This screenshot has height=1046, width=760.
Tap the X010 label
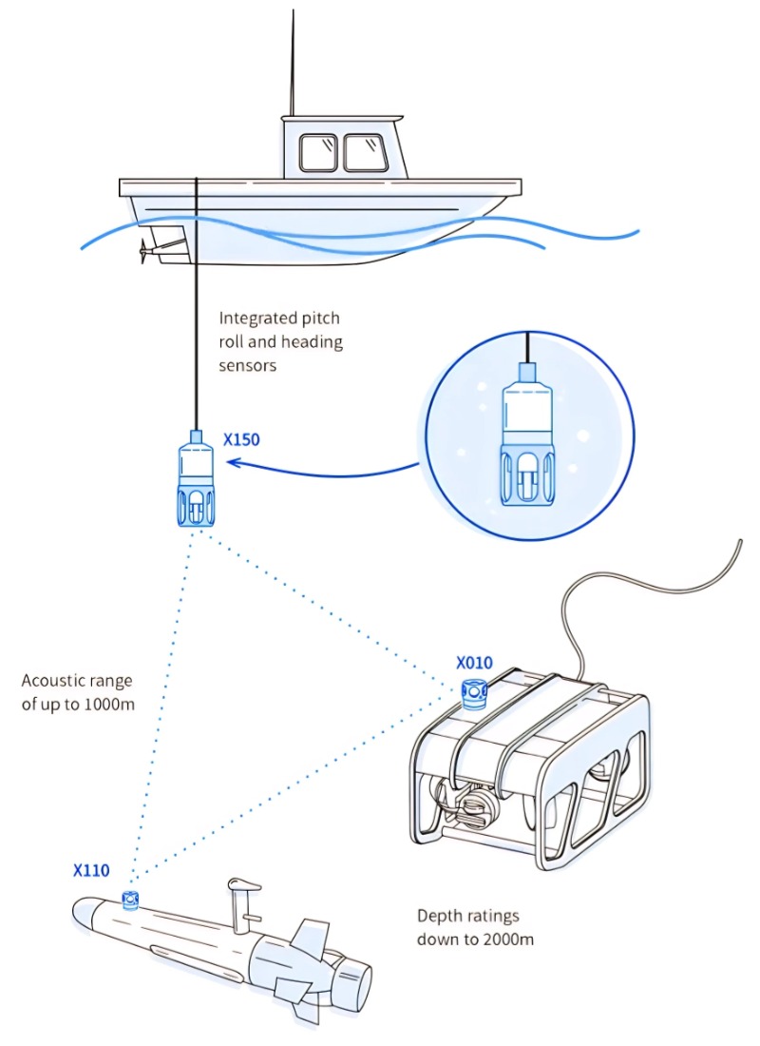click(x=474, y=663)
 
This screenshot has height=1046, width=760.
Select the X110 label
click(x=91, y=869)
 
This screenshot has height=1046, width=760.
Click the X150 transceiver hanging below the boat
click(x=196, y=480)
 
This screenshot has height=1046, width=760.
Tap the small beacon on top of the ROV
click(x=472, y=694)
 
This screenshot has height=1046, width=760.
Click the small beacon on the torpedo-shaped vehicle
click(x=130, y=899)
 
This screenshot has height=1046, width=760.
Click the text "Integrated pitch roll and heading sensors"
click(x=280, y=341)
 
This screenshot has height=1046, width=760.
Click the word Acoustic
click(x=54, y=681)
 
